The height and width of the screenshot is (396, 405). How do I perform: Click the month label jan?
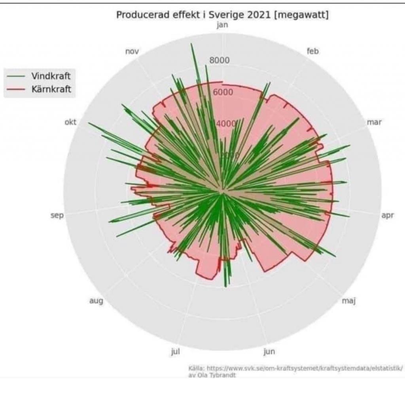coord(222,26)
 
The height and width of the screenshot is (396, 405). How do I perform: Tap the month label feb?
coord(313,51)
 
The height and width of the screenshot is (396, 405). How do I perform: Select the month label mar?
coord(374,122)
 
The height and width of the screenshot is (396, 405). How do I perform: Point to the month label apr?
coord(388,216)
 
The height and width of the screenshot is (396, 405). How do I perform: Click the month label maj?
coord(349,302)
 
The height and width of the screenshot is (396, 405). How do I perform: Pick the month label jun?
coord(269,351)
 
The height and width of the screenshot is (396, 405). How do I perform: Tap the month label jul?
coord(175,351)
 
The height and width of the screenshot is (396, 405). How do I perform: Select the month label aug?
coord(96,302)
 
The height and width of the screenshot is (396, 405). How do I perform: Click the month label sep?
coord(57,216)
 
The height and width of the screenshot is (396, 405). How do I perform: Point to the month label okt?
coord(70,122)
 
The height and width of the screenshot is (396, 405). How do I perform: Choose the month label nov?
coord(132,51)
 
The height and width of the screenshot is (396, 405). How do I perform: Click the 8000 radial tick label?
coord(220,60)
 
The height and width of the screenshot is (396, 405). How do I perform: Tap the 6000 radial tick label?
coord(223,92)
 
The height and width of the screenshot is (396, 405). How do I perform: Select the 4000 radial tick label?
coord(226,124)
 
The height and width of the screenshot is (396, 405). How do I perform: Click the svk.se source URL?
coord(305,368)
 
